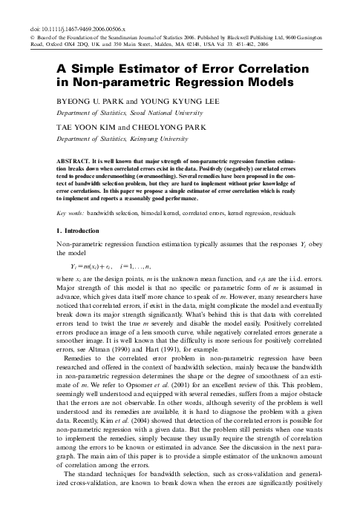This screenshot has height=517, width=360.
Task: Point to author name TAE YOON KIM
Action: pyautogui.click(x=83, y=128)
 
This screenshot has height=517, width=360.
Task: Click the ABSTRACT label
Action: pyautogui.click(x=79, y=160)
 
